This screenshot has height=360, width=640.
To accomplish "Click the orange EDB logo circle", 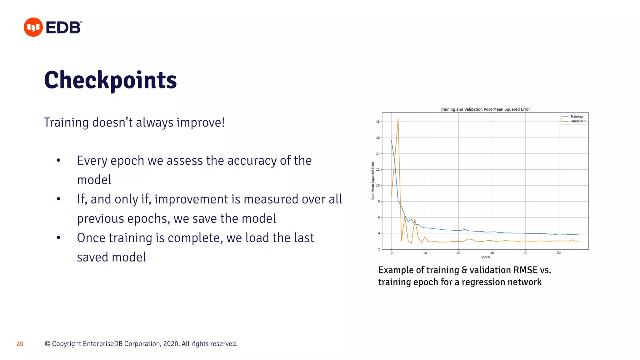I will click(x=33, y=27).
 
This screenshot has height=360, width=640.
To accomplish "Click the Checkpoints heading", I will click(x=110, y=80).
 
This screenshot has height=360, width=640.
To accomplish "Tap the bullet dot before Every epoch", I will click(x=58, y=161).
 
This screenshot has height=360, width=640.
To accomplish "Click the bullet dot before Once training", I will click(x=58, y=238).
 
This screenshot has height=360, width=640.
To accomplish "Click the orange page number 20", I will click(x=20, y=344).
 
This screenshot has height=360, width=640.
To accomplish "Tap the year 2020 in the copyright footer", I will click(x=171, y=344).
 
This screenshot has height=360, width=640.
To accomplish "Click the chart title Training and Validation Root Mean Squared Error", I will click(x=485, y=109).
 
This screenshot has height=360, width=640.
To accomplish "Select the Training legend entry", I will click(x=576, y=117).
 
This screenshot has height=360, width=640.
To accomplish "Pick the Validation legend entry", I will click(x=578, y=121).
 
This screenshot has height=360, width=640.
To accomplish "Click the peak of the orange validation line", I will click(x=398, y=119).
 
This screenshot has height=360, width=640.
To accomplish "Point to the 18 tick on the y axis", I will click(x=378, y=122).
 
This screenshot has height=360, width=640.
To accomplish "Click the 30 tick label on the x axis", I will click(x=492, y=253).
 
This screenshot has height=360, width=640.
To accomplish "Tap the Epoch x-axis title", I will click(x=485, y=257).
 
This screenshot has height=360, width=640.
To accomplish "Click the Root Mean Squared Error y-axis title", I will click(x=373, y=181).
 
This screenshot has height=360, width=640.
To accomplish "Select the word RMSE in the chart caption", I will click(x=526, y=270).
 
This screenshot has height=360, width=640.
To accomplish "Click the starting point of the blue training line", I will click(x=392, y=140).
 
